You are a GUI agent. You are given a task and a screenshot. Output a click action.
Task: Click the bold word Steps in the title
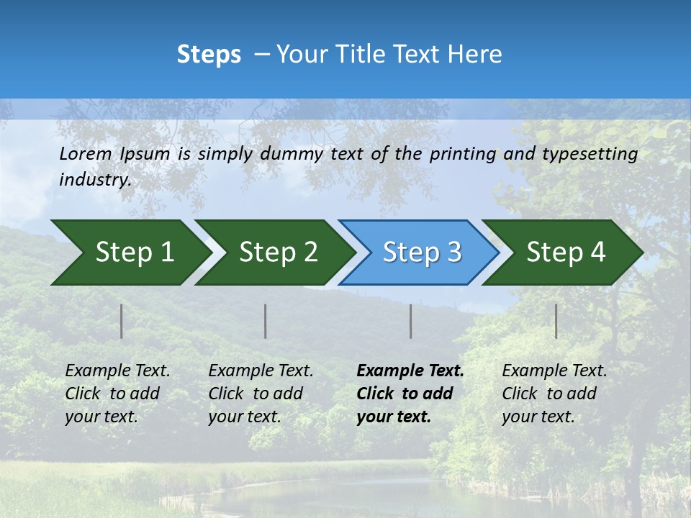(209, 55)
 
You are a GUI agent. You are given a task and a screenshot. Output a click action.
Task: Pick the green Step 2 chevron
(274, 253)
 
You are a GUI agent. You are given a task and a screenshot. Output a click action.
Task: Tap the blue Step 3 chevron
(419, 253)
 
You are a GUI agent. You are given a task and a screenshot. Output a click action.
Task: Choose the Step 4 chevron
(563, 253)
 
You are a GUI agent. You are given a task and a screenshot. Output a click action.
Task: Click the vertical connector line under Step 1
(122, 321)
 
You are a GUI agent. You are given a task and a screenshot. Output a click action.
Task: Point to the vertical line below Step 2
(266, 321)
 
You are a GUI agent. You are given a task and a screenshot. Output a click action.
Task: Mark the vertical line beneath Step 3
(410, 321)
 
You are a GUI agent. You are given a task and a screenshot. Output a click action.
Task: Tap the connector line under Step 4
(556, 321)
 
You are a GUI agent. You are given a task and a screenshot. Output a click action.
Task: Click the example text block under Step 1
(117, 394)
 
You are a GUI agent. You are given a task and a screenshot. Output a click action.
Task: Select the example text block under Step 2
(261, 394)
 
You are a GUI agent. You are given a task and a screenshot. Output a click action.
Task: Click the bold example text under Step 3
(410, 394)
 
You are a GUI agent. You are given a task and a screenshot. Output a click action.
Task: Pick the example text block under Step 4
(554, 394)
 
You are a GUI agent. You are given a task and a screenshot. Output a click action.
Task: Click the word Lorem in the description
(86, 154)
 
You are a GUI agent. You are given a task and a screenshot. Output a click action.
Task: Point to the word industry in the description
(94, 180)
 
